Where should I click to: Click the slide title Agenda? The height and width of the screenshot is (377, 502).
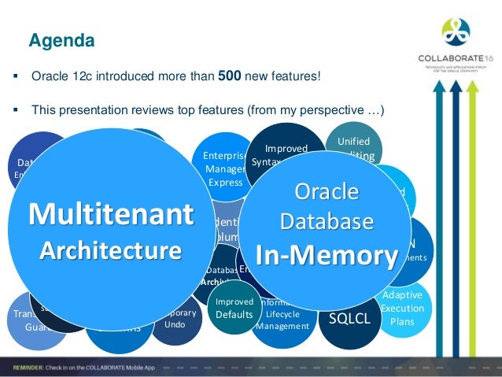click(x=61, y=39)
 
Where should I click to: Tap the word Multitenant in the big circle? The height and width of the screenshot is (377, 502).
click(x=109, y=214)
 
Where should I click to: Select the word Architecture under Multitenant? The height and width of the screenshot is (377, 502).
click(x=109, y=251)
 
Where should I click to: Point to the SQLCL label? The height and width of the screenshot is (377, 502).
click(x=349, y=318)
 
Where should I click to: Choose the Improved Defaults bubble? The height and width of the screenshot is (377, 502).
click(x=234, y=308)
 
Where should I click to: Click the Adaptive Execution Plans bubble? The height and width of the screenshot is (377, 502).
click(x=401, y=308)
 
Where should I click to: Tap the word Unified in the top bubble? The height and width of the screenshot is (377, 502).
click(x=353, y=140)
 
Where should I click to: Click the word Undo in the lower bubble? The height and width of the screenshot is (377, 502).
click(x=175, y=323)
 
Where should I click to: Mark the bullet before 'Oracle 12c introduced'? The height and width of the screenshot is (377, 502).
click(x=16, y=77)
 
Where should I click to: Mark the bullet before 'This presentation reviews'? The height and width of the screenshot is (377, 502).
click(x=16, y=109)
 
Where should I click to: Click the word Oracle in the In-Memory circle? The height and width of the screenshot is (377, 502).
click(x=326, y=192)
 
